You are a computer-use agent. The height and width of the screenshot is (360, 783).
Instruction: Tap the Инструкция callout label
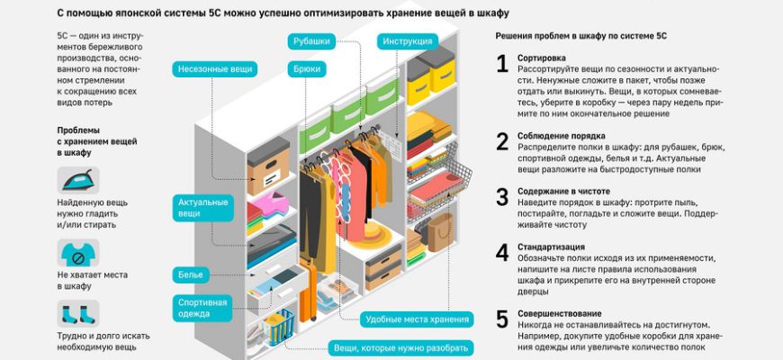408,41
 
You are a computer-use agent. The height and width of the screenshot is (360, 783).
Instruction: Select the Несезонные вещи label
216,68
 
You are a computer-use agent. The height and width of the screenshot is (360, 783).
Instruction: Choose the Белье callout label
193,274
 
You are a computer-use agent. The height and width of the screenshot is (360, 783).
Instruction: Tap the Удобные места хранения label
417,319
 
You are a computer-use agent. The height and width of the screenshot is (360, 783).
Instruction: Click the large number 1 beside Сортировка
502,63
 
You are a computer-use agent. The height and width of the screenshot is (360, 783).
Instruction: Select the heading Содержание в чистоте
563,192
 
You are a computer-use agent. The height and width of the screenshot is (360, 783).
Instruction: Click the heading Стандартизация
551,247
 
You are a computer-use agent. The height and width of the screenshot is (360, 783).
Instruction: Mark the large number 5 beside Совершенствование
502,319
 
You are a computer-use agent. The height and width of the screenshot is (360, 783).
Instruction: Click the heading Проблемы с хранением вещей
86,141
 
